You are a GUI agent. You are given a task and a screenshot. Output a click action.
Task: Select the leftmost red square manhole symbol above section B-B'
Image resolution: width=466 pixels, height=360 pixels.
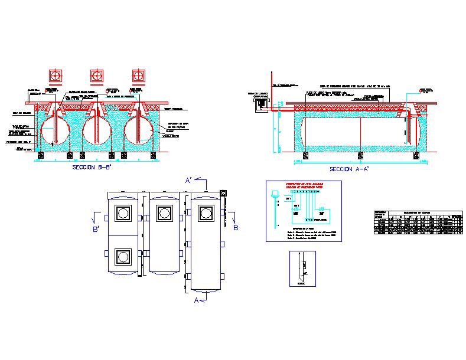pos(56,75)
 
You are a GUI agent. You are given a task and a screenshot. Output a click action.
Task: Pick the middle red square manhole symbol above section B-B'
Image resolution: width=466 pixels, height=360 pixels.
pos(97,75)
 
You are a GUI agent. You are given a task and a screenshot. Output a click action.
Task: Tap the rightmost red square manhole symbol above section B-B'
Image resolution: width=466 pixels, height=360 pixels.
pos(139,75)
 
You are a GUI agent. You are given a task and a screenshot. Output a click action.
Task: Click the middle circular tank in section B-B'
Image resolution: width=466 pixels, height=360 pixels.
pos(97,130)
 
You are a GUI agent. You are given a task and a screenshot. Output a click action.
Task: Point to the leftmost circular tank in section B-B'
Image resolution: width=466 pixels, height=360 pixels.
pos(54,130)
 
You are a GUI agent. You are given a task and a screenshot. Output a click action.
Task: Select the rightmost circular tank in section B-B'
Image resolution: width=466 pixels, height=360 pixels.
pos(139,130)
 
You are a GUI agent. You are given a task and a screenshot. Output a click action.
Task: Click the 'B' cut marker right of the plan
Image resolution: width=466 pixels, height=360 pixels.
pos(235,226)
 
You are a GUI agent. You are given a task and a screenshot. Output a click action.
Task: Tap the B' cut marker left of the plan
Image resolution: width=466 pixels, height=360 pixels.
pos(96,227)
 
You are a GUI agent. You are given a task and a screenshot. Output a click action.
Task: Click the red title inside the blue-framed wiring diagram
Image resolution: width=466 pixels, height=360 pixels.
pos(303,186)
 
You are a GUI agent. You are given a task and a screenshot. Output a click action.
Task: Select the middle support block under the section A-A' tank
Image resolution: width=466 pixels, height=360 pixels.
pos(359,155)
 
